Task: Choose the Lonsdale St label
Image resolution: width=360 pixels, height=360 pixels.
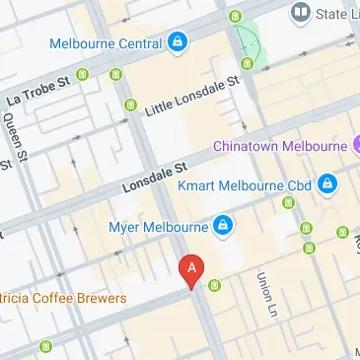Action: pyautogui.click(x=154, y=178)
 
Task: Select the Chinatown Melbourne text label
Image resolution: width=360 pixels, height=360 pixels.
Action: pyautogui.click(x=279, y=146)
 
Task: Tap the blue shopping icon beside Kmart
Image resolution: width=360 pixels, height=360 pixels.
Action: pyautogui.click(x=327, y=183)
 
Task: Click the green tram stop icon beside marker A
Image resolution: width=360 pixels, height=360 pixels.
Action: pyautogui.click(x=214, y=286)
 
